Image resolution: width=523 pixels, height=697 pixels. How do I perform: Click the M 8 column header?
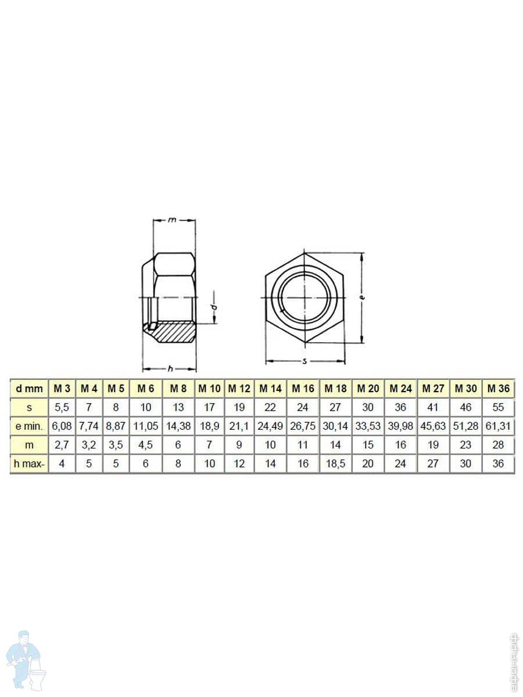[178, 389]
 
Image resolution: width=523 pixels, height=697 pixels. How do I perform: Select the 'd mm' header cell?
[29, 389]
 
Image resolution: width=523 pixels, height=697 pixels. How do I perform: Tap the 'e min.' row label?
[29, 426]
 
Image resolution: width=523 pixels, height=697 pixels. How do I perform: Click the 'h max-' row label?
[29, 464]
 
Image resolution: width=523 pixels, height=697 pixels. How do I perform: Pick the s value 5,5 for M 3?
[62, 407]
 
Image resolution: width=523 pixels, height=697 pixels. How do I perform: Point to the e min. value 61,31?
[498, 426]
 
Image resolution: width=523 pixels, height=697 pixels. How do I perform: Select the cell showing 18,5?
[335, 464]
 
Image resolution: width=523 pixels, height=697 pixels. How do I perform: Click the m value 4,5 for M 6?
[146, 445]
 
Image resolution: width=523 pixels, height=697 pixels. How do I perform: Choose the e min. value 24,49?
[270, 426]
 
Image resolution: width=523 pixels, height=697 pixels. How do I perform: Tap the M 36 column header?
[498, 389]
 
